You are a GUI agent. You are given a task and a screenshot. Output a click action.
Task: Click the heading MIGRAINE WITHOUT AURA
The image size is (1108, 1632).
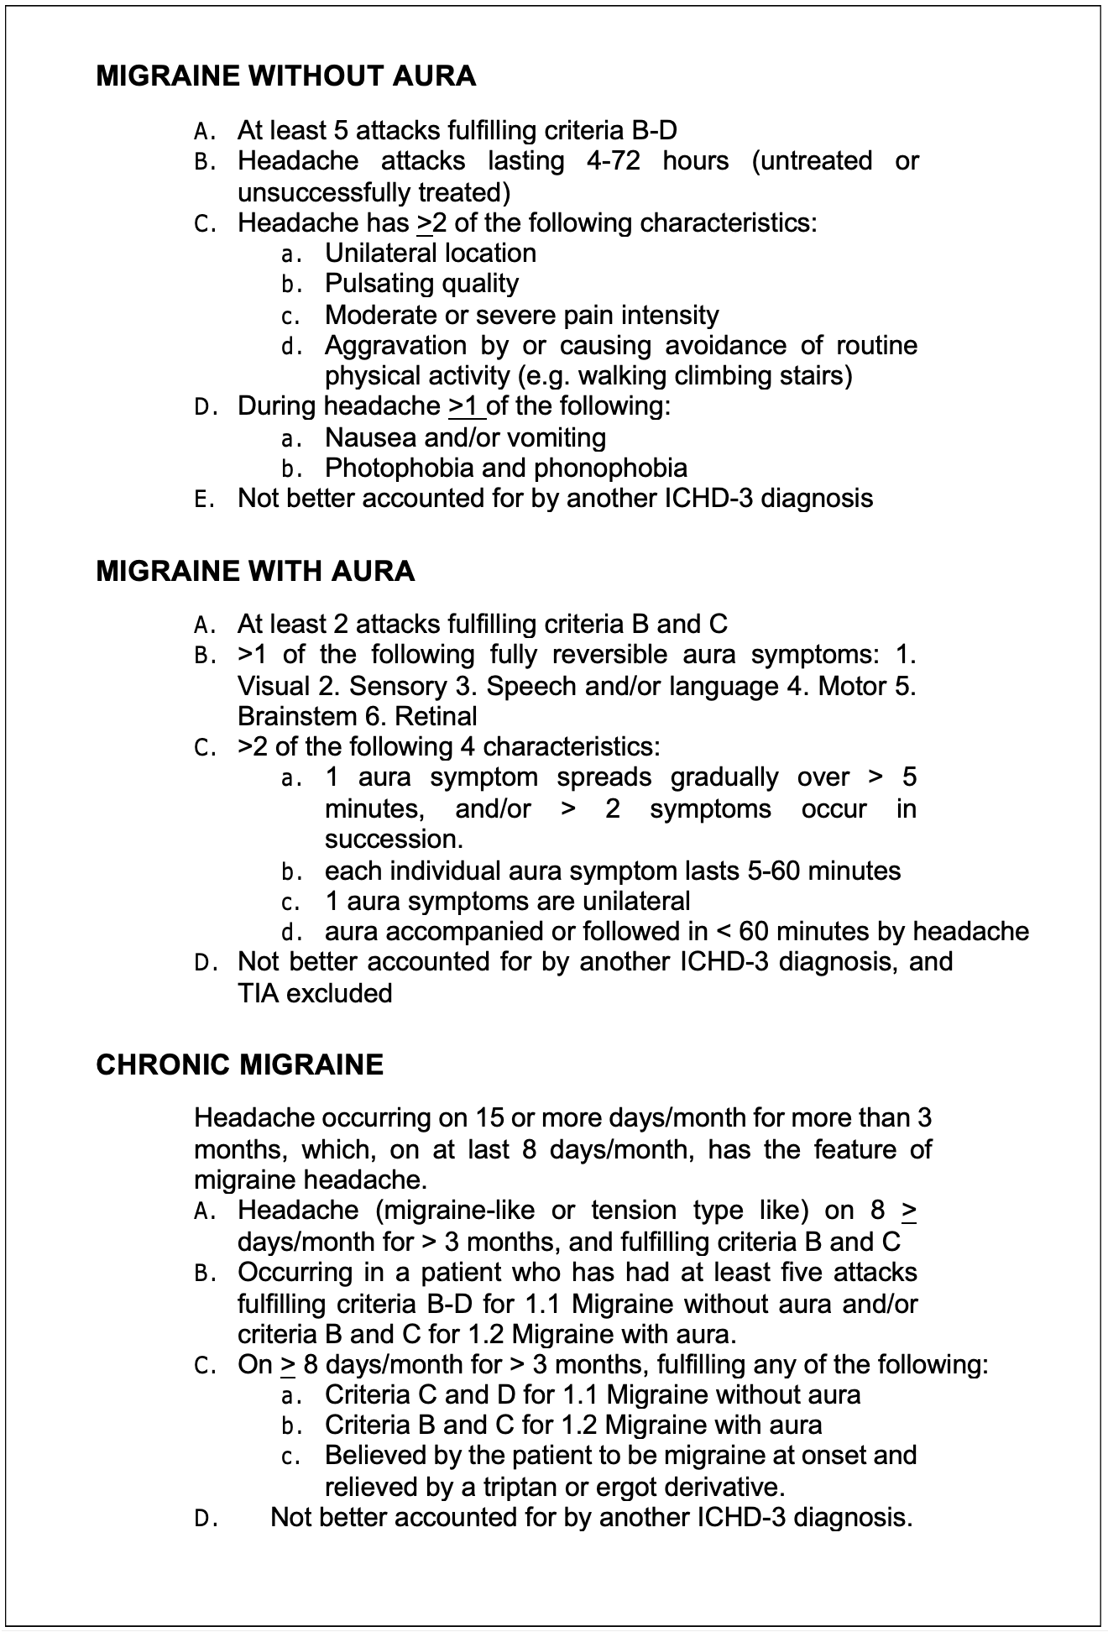285,76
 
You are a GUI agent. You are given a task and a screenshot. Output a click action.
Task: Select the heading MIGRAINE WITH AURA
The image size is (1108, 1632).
255,571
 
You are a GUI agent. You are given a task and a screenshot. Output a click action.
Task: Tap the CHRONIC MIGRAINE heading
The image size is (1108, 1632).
239,1064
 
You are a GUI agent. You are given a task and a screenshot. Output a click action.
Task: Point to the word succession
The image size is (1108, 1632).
393,840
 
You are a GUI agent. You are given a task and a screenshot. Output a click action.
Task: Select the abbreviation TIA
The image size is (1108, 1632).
258,994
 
